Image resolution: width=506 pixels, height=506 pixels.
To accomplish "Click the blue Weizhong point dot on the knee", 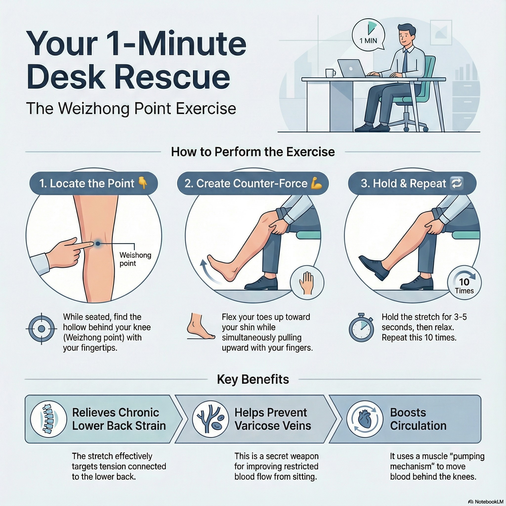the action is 97,244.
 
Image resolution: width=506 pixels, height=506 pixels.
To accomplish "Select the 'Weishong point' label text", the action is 135,259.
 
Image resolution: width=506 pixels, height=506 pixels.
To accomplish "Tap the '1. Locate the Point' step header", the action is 93,183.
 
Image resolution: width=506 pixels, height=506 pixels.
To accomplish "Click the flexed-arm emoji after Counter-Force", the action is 316,183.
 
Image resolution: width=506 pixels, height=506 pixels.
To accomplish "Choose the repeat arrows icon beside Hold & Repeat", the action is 456,183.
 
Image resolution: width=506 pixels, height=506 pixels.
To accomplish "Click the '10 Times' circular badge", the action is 464,286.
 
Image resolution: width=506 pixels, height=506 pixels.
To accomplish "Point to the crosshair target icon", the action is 41,329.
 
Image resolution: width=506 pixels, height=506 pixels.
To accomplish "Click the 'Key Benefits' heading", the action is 253,379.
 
